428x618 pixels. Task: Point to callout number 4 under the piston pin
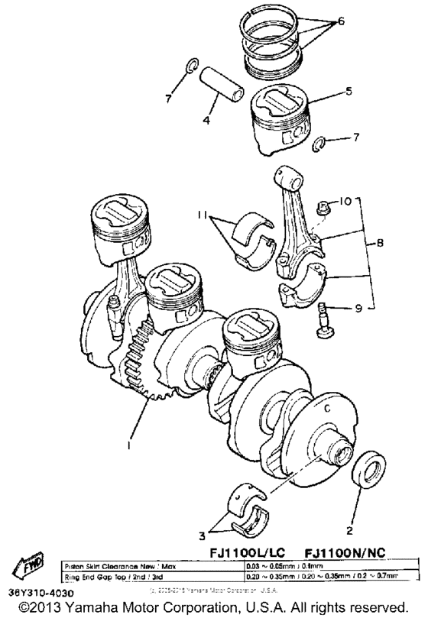point(207,121)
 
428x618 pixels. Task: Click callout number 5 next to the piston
point(348,91)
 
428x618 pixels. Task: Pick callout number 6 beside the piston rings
point(341,21)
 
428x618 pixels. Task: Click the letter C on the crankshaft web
point(327,407)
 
